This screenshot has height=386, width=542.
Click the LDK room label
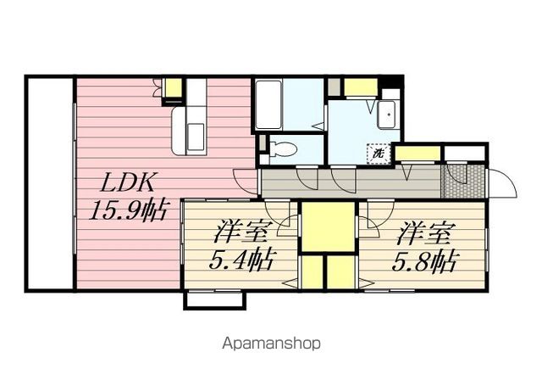click(127, 182)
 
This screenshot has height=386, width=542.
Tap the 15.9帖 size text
click(128, 210)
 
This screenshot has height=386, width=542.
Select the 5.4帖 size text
click(243, 260)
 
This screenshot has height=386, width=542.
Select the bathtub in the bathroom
click(268, 104)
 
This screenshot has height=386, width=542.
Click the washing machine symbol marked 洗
click(379, 153)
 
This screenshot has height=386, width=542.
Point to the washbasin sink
click(387, 115)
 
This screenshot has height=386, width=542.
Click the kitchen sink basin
click(196, 137)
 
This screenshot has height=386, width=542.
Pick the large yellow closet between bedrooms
click(328, 227)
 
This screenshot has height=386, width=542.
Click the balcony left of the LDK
click(50, 183)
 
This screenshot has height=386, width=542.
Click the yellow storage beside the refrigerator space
click(173, 88)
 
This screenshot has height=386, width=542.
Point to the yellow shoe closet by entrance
click(418, 154)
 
